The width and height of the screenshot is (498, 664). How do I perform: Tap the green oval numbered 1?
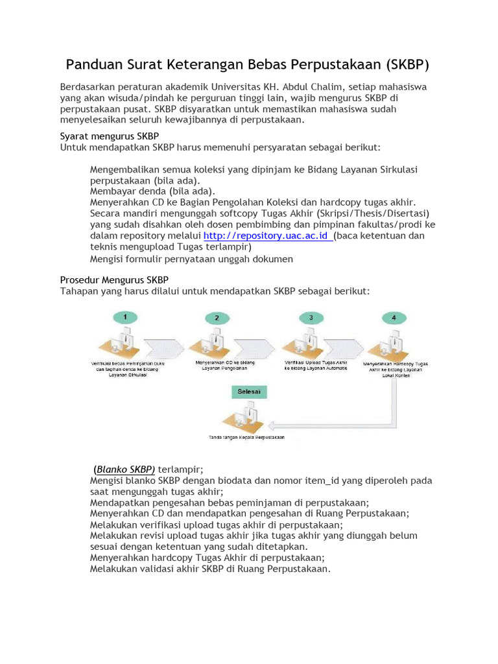pos(125,317)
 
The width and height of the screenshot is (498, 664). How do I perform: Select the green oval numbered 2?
pos(217,318)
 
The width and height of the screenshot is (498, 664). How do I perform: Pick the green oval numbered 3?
pos(311,317)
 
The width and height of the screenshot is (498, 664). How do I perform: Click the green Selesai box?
pos(247,392)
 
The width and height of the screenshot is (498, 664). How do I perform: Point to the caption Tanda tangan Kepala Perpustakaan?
pos(246,438)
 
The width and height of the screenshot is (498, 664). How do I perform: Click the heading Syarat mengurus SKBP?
pos(104,137)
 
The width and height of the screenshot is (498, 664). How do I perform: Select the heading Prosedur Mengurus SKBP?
pos(114,280)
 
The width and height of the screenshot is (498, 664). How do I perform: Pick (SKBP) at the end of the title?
pos(407,65)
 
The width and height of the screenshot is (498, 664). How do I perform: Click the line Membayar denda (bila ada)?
pos(152,191)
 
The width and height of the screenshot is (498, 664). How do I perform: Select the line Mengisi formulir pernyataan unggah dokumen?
pos(191,259)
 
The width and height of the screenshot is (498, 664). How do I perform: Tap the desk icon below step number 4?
pos(389,344)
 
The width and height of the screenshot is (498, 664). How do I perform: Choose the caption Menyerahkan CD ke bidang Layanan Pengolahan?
pos(222,365)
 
